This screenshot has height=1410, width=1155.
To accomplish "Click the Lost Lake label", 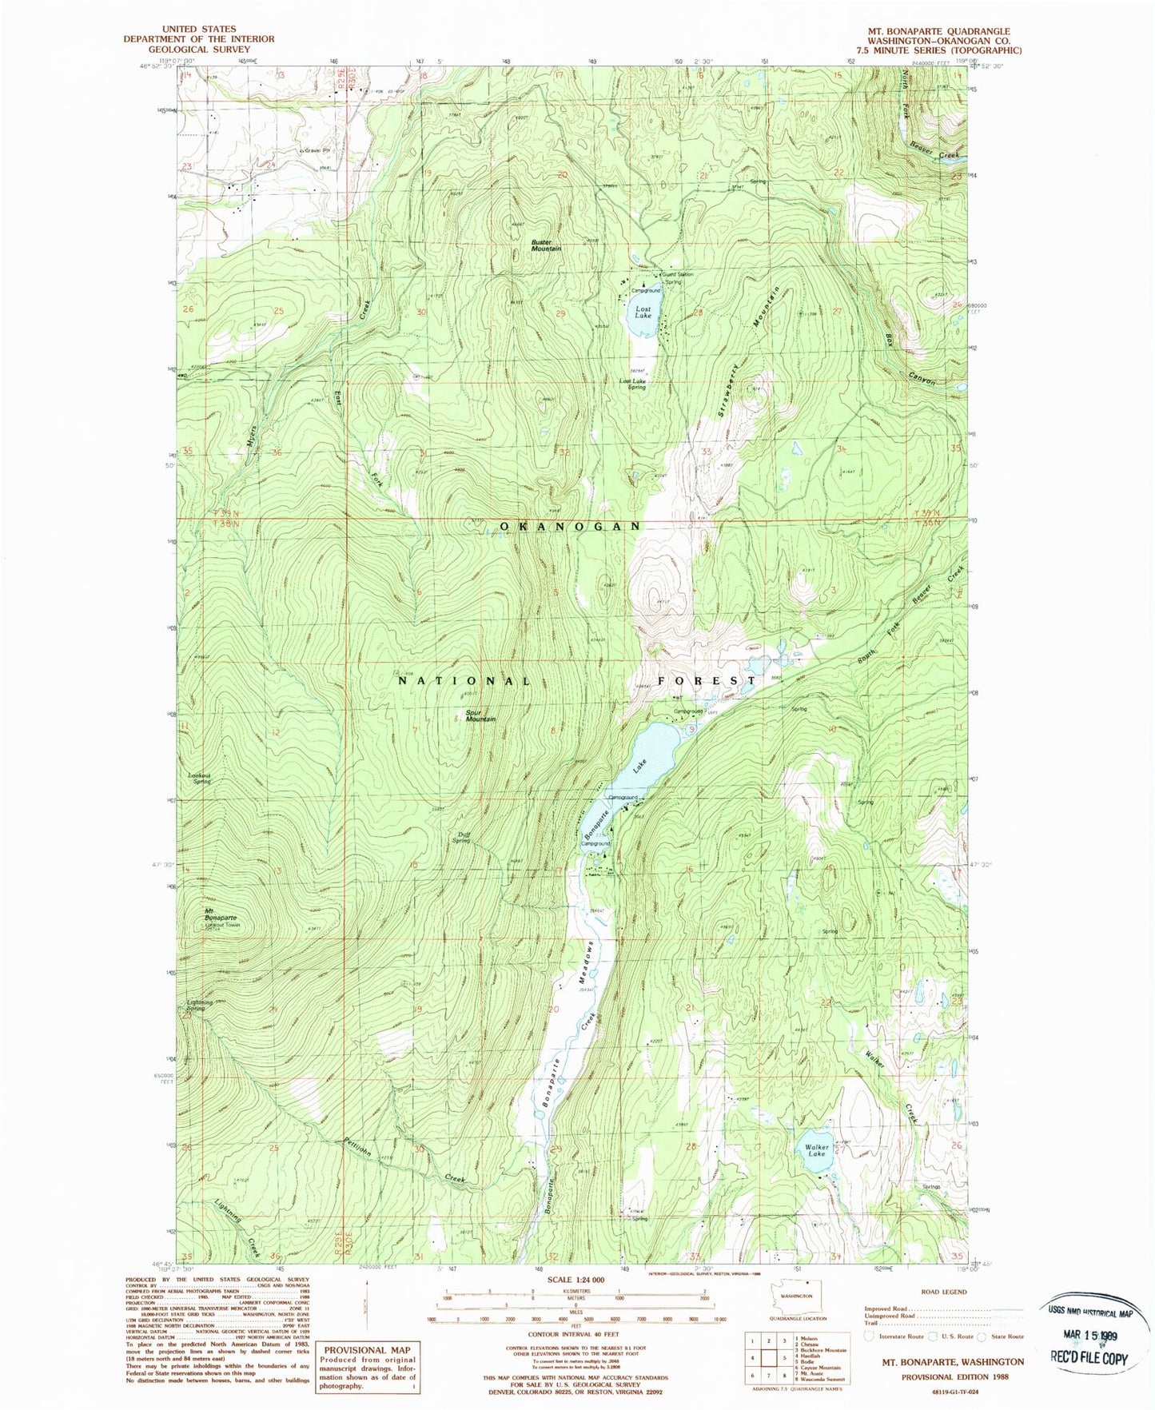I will click(643, 312).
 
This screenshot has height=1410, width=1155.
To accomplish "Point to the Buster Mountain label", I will click(547, 245).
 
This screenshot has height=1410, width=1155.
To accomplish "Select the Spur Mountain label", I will click(480, 715).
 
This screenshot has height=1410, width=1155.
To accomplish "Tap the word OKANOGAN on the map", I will click(571, 526).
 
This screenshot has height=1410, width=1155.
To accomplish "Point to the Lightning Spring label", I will click(200, 1006).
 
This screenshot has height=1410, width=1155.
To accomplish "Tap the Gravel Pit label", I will click(316, 149).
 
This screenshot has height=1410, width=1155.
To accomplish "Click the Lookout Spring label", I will click(200, 778).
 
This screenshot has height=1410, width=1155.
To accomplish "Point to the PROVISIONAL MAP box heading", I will click(367, 1349).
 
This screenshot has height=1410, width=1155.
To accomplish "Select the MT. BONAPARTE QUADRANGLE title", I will click(939, 31).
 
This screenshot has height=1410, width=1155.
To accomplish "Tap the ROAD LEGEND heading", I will click(944, 1291).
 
